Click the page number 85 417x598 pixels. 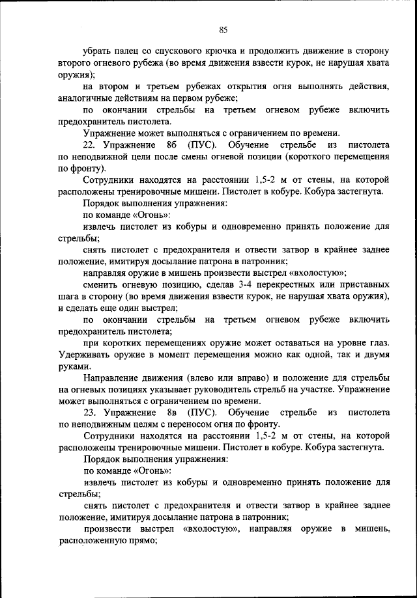coord(222,29)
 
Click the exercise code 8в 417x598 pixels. coord(167,413)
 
